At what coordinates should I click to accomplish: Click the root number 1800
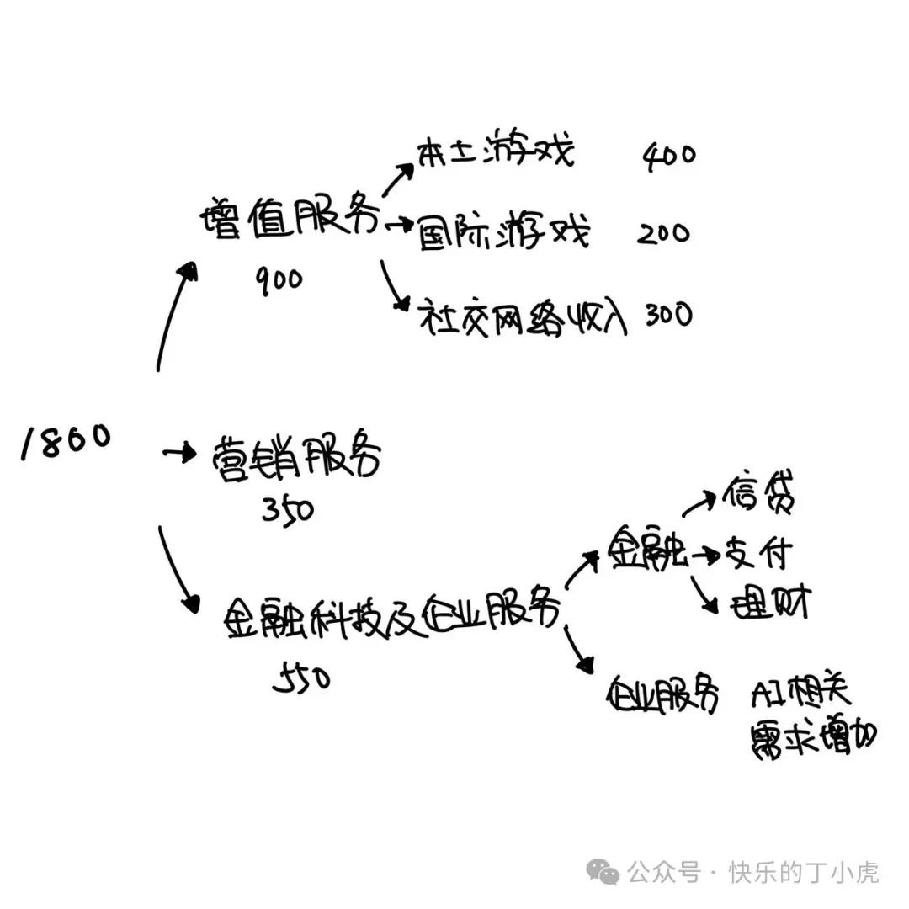[66, 441]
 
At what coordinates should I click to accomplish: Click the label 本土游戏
[495, 154]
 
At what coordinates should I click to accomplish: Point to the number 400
[670, 155]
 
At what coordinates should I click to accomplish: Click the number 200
[663, 233]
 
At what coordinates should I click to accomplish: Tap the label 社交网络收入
[523, 319]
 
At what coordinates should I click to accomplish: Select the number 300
[668, 315]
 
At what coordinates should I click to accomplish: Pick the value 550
[302, 678]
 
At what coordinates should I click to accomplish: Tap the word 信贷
[757, 497]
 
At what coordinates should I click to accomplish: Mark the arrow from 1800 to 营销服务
[178, 454]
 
